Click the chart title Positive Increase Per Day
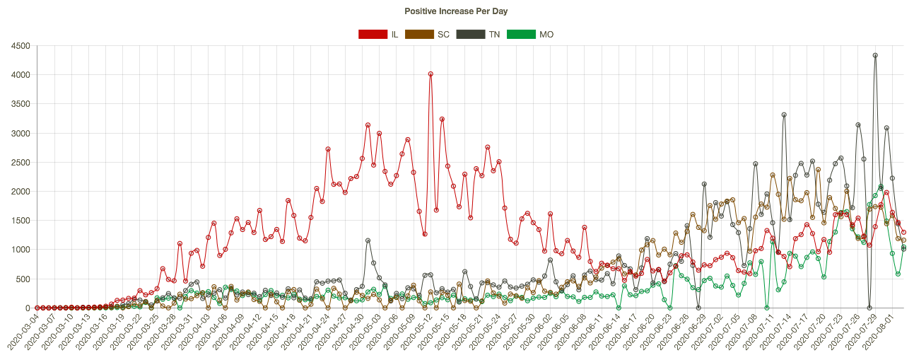(x=456, y=11)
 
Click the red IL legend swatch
(x=373, y=34)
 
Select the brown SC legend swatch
(x=418, y=34)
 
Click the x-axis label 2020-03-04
(x=21, y=334)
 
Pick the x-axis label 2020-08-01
(x=881, y=334)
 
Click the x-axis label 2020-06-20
(x=638, y=334)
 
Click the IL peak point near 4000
(x=430, y=74)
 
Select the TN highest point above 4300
(x=875, y=55)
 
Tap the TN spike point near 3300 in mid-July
(x=784, y=115)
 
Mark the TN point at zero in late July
(x=869, y=308)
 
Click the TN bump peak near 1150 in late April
(x=368, y=240)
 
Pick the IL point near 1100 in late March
(x=180, y=243)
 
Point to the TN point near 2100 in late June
(x=704, y=184)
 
